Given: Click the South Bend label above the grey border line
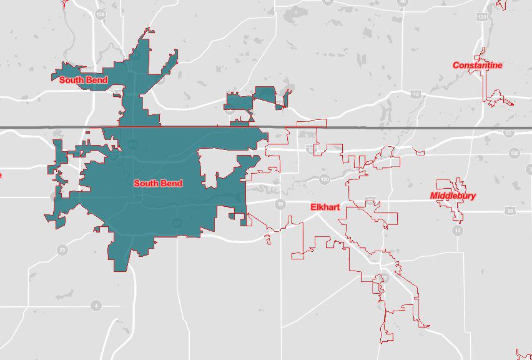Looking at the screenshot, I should click(83, 80).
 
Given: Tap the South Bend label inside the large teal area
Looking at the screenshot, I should click(158, 183).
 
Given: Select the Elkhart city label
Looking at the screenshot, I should click(325, 207).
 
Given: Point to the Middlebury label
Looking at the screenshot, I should click(453, 196).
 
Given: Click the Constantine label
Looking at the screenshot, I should click(477, 65).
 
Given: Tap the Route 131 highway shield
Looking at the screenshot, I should click(481, 17).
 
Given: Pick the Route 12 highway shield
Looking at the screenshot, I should click(416, 94).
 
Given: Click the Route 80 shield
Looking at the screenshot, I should click(508, 132).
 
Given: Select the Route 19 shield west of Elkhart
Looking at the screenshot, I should click(280, 204).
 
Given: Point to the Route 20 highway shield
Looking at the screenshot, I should click(510, 211).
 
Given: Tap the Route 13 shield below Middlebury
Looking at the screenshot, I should click(458, 231).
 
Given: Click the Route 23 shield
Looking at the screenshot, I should click(62, 250).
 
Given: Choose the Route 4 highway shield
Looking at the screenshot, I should click(96, 306).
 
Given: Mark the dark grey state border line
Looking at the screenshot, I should click(375, 127).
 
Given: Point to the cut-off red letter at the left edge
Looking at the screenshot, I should click(1, 174).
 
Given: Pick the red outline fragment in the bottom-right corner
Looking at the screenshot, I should click(523, 353).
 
